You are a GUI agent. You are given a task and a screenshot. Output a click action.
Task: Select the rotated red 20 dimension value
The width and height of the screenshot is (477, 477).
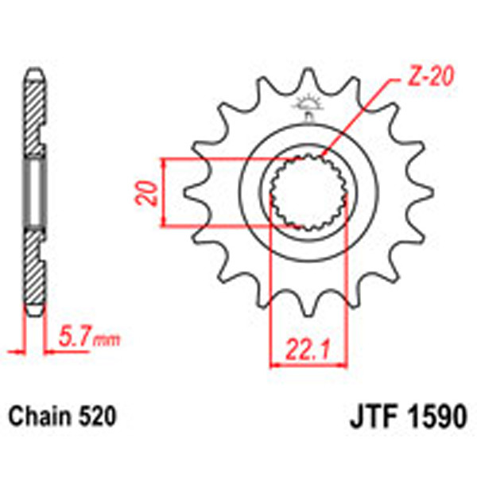coord(145,193)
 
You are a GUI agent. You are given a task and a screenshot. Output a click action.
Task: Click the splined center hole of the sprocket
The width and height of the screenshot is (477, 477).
coord(307,194)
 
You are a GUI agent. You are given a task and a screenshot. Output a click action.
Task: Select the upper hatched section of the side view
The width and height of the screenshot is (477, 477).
coord(34,111)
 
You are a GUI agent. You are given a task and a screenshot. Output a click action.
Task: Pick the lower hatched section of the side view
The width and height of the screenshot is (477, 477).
coord(34,270)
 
